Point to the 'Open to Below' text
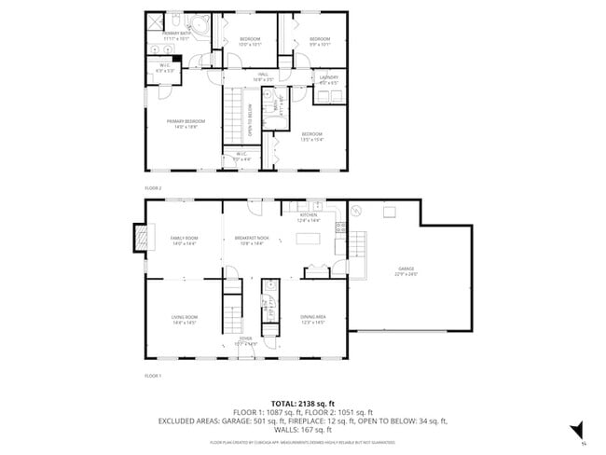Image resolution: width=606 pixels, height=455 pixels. point(250,119)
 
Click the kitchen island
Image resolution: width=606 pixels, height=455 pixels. point(308,238)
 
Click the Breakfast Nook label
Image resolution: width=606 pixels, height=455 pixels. point(252,240)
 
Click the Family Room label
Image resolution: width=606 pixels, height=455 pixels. point(184,240)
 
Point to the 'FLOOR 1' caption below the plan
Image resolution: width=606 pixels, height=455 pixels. point(153,375)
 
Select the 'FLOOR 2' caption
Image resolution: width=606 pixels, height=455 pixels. point(153,187)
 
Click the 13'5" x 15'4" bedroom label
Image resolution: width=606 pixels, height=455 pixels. point(311,136)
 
